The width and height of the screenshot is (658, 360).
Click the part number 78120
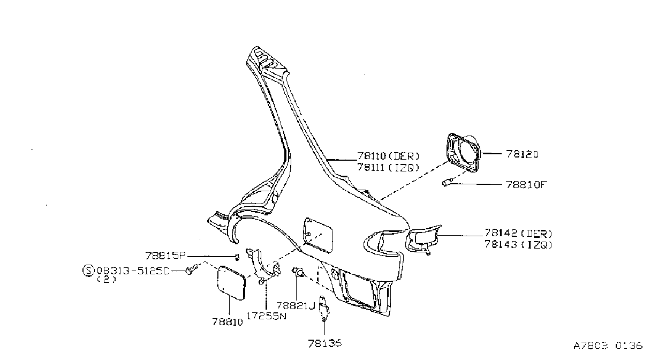[x=522, y=154]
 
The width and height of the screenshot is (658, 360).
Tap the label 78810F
[x=526, y=185]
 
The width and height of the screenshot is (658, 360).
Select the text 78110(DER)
[x=388, y=156]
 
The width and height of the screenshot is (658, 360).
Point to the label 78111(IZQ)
[x=388, y=168]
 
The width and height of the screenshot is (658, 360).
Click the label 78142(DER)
[x=518, y=234]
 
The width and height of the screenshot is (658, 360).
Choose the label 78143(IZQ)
[x=518, y=244]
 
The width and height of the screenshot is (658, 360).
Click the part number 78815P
[x=165, y=256]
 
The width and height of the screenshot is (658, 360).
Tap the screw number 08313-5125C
[x=133, y=271]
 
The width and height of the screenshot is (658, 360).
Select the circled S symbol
[x=88, y=271]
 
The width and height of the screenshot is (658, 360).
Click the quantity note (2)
[x=107, y=280]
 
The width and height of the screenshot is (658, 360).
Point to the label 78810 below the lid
[x=228, y=322]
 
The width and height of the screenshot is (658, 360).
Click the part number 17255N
[x=266, y=316]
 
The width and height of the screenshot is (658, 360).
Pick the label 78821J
[x=296, y=306]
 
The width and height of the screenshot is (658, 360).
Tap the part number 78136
[x=325, y=343]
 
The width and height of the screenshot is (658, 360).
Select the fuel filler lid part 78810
[x=231, y=283]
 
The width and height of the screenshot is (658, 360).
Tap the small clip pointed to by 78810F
[x=447, y=182]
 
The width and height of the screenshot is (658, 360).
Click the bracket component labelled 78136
[x=324, y=309]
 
